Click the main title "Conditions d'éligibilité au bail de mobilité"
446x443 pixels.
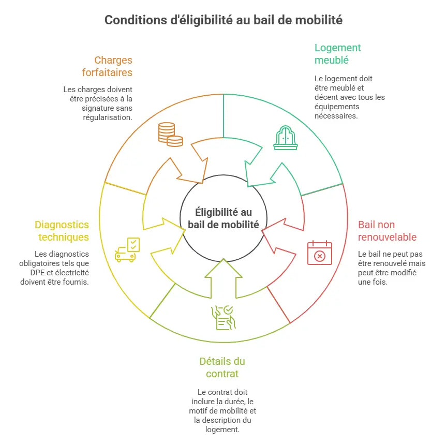[x=224, y=20]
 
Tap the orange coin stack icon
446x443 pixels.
[x=171, y=134]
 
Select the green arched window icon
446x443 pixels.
[x=285, y=138]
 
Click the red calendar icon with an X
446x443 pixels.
[x=320, y=253]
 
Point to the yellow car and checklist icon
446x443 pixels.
[x=127, y=249]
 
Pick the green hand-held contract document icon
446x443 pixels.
[x=224, y=318]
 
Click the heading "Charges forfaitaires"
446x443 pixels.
[x=107, y=66]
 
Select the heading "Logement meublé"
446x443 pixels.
[x=338, y=54]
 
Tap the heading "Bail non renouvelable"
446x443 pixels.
[x=387, y=231]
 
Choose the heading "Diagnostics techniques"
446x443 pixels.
[x=62, y=231]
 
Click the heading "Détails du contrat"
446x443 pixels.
[x=222, y=367]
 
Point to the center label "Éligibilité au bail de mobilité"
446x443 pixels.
[x=224, y=218]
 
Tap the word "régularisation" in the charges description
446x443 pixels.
[x=108, y=117]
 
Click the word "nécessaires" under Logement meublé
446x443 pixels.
[x=336, y=116]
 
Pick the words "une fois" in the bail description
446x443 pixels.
[x=373, y=282]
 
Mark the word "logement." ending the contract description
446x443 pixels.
[x=222, y=430]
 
